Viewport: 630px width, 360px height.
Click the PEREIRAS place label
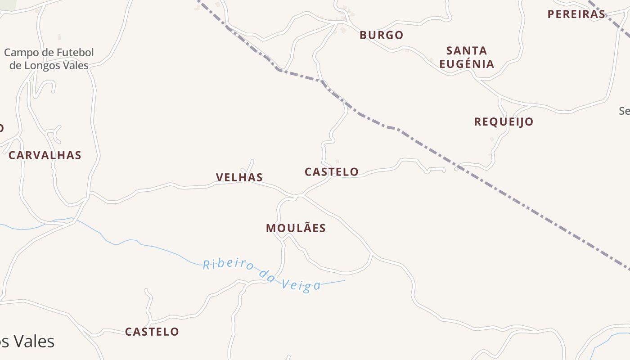tap(576, 14)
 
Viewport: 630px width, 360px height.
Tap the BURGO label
tap(381, 35)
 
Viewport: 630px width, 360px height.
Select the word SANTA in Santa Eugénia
tap(467, 50)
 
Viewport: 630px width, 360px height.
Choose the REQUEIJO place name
tap(504, 121)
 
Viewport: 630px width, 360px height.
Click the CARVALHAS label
tap(45, 156)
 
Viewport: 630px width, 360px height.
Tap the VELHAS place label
tap(239, 177)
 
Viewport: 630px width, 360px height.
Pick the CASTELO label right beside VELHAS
tap(332, 172)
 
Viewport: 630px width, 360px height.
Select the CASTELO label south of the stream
tap(152, 332)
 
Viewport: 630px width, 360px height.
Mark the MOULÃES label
tap(296, 228)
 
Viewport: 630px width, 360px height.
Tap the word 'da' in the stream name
tap(267, 275)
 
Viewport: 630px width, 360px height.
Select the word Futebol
tap(74, 53)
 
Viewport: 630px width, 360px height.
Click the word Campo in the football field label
tap(22, 53)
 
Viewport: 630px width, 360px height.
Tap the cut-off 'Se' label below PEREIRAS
tap(625, 111)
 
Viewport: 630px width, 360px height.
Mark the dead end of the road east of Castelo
tap(444, 170)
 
